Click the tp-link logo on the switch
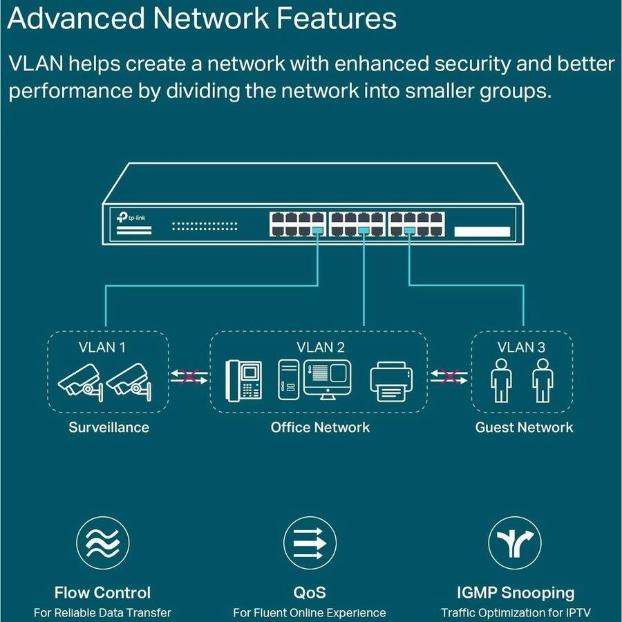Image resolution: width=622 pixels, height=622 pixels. [135, 218]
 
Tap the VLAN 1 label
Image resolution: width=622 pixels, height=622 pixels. [102, 347]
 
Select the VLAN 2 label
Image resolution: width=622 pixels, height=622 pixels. [320, 347]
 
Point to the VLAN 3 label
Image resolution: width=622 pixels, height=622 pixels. [522, 347]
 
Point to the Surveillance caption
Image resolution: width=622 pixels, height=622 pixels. [109, 427]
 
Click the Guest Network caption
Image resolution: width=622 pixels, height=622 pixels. [524, 427]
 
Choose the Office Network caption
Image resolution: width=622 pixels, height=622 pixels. [320, 427]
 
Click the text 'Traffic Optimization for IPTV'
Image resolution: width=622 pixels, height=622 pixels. [516, 612]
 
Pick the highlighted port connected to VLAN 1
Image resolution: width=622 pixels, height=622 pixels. [318, 232]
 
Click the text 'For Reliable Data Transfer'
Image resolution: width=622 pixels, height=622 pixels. [102, 612]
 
